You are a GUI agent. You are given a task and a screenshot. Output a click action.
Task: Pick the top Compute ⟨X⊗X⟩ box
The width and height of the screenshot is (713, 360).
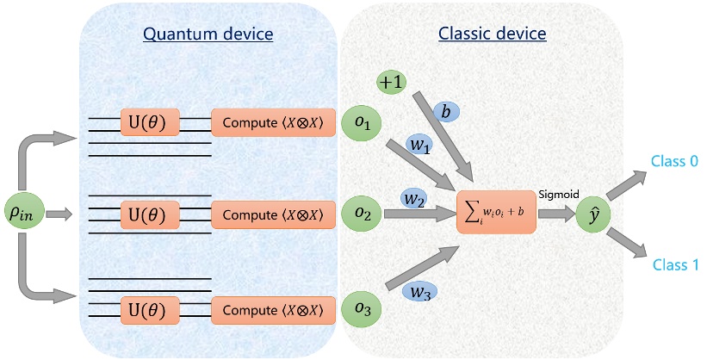(x=272, y=123)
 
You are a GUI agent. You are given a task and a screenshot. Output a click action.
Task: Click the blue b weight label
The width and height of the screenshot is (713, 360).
(x=445, y=112)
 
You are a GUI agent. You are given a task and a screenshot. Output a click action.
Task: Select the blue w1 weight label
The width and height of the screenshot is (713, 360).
(x=420, y=146)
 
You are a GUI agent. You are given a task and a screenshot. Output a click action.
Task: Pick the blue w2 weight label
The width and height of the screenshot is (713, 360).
(x=414, y=200)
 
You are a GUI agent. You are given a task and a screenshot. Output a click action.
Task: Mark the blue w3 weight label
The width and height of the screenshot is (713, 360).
(x=419, y=292)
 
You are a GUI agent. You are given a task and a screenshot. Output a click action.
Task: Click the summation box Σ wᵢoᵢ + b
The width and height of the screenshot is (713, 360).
(x=496, y=213)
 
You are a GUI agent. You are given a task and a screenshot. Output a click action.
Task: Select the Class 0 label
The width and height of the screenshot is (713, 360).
(x=676, y=160)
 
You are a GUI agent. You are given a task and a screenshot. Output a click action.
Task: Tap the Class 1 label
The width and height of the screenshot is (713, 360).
(x=676, y=265)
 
